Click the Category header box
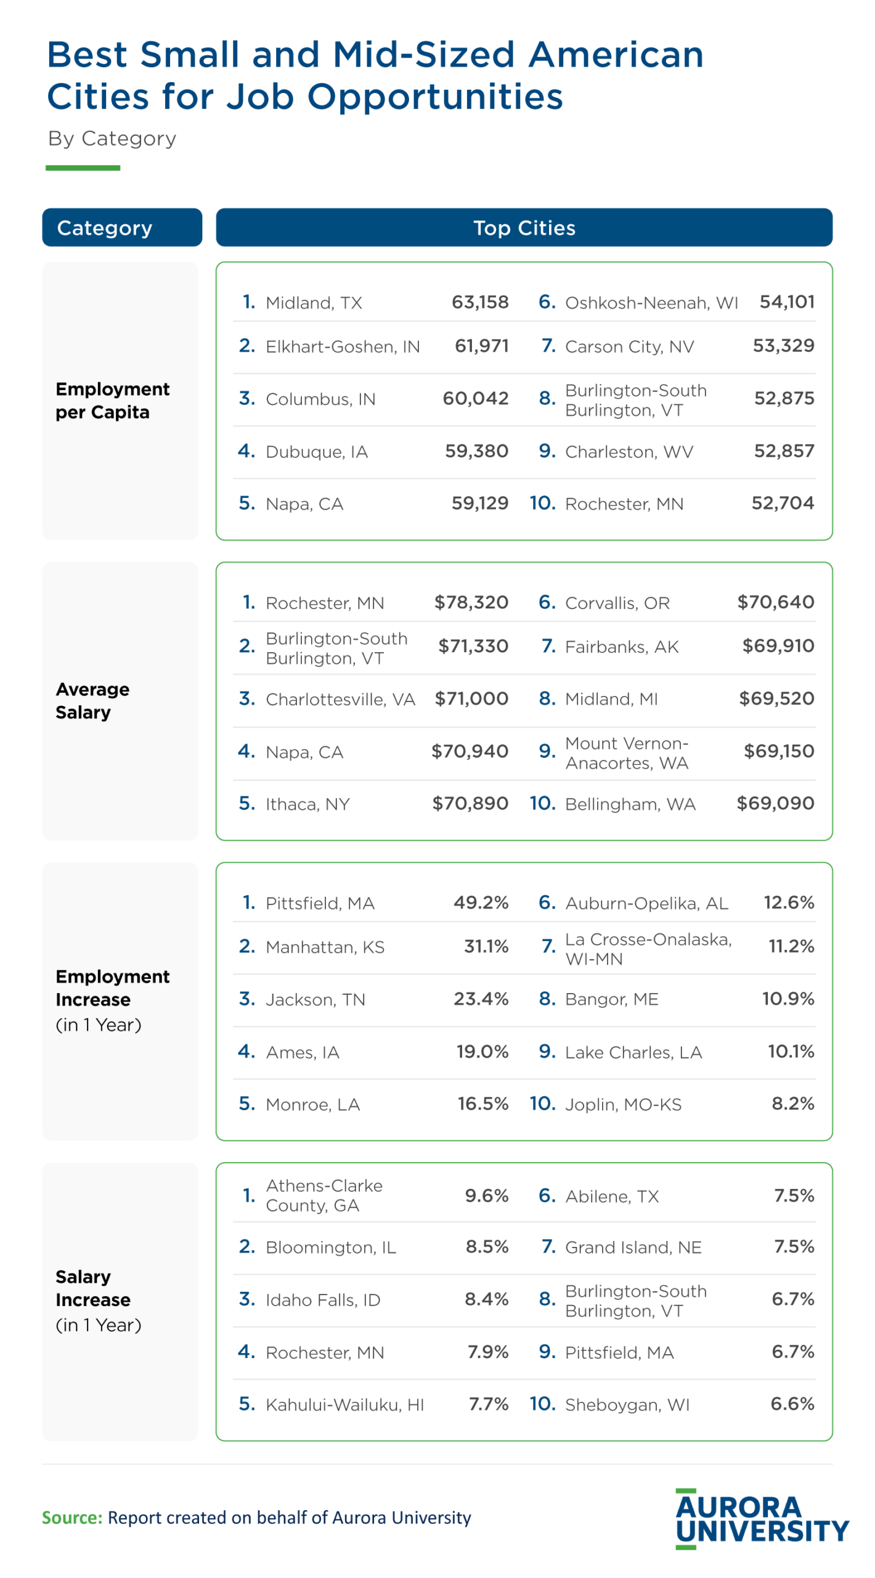coord(121,227)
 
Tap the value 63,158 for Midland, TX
coord(479,302)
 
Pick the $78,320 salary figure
coord(471,602)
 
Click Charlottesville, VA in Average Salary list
coord(340,699)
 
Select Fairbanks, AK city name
coord(621,647)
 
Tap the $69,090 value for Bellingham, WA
coord(775,803)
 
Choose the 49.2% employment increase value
coord(481,902)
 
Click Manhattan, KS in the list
coord(325,947)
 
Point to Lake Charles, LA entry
coord(633,1052)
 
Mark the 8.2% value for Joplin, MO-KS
coord(792,1103)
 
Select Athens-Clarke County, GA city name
coord(324,1195)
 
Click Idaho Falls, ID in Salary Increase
coord(322,1300)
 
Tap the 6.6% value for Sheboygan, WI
coord(792,1404)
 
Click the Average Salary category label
coord(92,700)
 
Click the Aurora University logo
coord(761,1519)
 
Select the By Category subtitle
coord(112,138)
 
